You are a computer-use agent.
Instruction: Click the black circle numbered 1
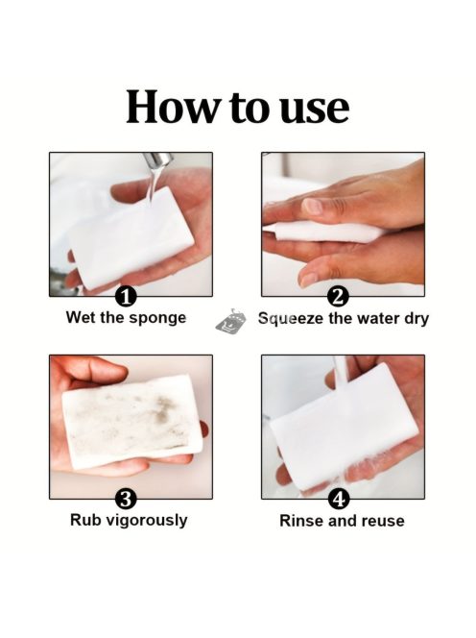[126, 297]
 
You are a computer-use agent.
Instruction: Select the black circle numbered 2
[338, 297]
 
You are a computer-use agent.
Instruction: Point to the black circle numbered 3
[126, 499]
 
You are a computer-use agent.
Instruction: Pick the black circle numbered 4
[338, 499]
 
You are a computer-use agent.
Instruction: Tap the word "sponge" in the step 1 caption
[157, 319]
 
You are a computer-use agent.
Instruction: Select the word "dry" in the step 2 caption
[416, 319]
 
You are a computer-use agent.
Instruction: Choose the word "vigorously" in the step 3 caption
[146, 521]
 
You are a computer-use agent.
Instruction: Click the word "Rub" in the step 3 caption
[85, 520]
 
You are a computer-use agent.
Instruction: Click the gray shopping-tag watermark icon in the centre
[231, 322]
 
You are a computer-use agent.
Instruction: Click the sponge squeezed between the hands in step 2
[325, 233]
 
